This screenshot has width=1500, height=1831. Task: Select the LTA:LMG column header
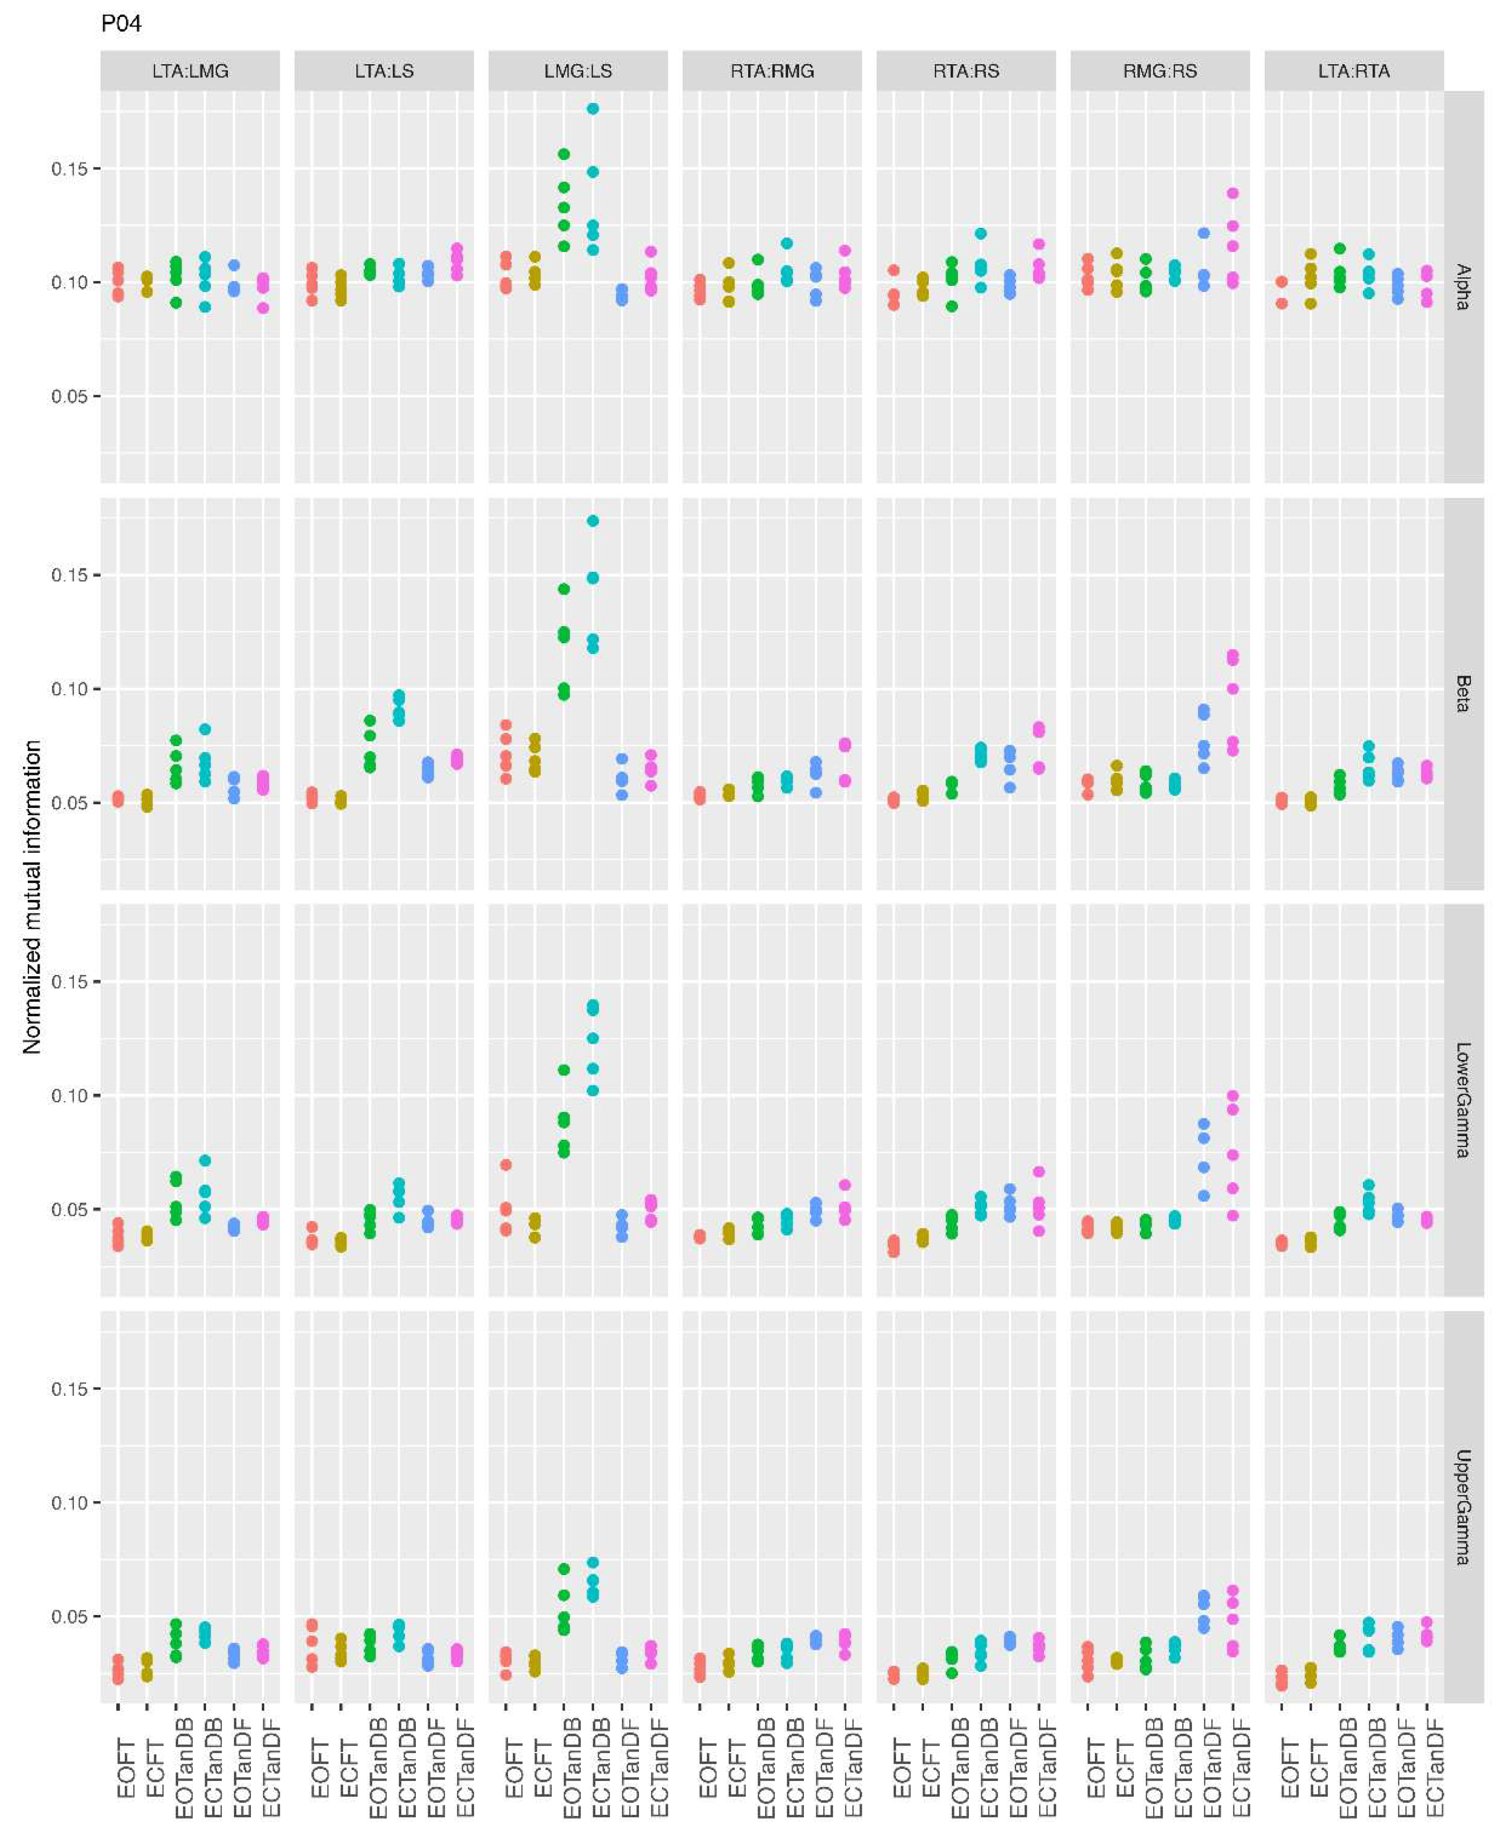[190, 71]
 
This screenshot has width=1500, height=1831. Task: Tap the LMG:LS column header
[578, 71]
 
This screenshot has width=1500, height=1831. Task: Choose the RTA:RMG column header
[772, 71]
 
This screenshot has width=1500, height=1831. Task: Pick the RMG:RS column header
[1160, 71]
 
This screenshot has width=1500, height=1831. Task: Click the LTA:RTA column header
[1354, 71]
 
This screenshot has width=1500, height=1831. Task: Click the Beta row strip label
[1463, 694]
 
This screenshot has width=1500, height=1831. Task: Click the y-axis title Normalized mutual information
[32, 896]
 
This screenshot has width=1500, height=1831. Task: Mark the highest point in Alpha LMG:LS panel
[593, 109]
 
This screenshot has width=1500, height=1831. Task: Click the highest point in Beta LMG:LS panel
[593, 521]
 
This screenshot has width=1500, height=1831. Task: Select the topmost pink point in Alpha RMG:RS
[1233, 193]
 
